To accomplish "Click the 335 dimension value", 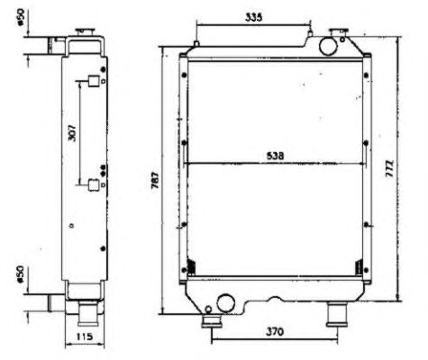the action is [253, 17].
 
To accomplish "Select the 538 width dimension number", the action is [275, 156].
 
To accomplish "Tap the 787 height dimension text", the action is [155, 180].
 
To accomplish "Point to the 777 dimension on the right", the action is [389, 169].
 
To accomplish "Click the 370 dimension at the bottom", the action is [275, 331].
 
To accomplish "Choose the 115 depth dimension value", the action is [84, 337].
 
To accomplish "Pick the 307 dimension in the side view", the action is [72, 133].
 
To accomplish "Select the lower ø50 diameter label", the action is [20, 274].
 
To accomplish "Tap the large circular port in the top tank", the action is [328, 46].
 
